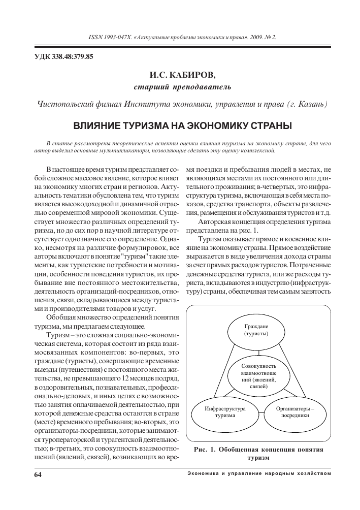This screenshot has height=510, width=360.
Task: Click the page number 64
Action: (37, 474)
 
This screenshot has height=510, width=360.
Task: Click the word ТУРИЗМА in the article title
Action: (141, 125)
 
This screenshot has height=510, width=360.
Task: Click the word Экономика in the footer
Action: (204, 474)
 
